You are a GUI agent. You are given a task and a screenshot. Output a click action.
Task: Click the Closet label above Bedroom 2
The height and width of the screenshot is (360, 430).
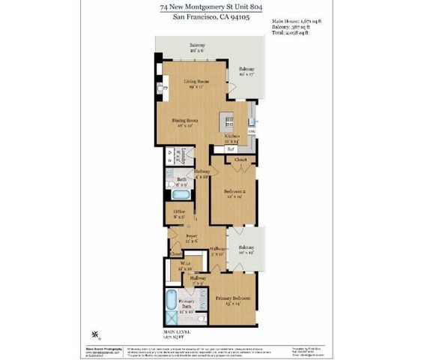pos(240,160)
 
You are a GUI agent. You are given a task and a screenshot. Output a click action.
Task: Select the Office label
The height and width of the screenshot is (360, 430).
pos(179,213)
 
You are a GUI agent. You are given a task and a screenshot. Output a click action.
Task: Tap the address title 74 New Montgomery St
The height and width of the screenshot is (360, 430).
pos(214,7)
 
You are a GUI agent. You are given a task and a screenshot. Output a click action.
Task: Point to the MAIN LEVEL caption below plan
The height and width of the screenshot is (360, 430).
pos(178,331)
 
